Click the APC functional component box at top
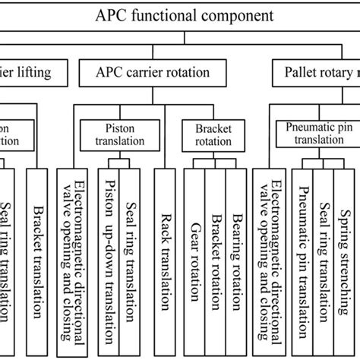click(180, 14)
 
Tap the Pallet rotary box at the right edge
click(316, 73)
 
